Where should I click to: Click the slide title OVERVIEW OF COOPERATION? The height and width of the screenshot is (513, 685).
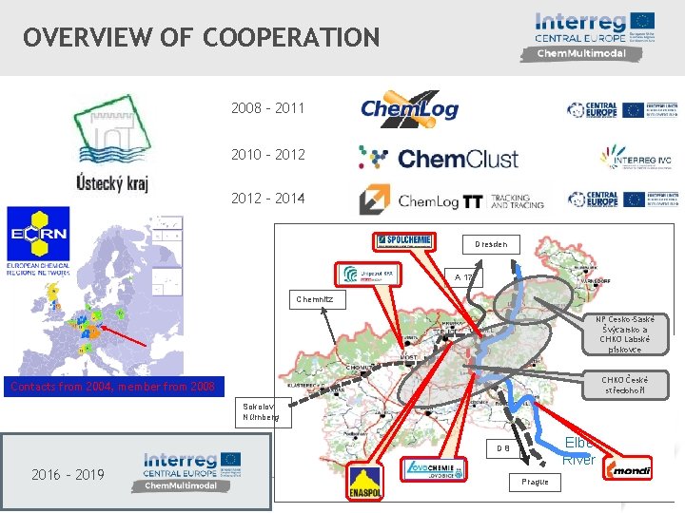coord(202,38)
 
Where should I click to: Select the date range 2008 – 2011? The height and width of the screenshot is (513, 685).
coord(267,107)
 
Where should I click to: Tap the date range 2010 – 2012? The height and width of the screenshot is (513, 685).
coord(267,154)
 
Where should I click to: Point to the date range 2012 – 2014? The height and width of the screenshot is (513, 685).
coord(267,199)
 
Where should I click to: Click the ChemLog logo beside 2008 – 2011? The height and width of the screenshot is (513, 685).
coord(409,107)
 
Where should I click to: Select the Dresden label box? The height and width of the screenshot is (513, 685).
coord(491,244)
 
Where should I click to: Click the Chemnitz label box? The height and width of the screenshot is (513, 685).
coord(313,298)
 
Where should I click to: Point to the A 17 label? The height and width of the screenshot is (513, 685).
coord(463,277)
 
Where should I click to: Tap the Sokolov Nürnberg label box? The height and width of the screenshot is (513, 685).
coord(261,410)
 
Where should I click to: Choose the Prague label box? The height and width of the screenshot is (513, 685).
coord(535,482)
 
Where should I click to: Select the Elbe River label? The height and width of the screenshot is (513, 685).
coord(578,451)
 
